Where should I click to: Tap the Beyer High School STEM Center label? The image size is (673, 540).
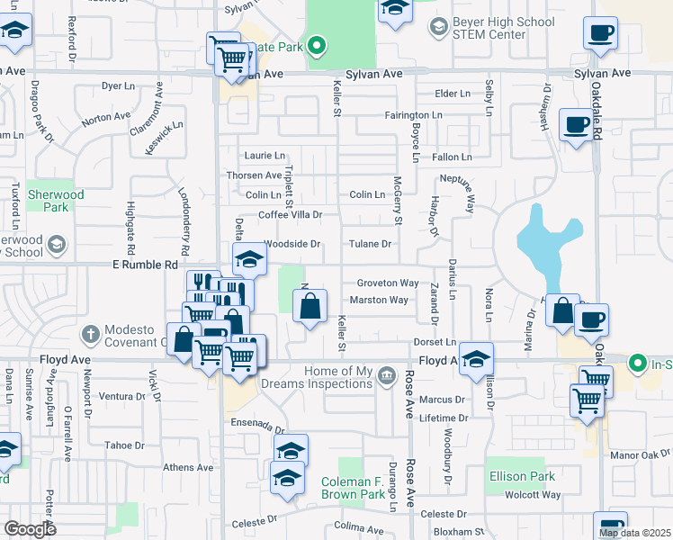coord(489,29)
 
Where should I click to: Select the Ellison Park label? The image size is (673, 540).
coord(522,476)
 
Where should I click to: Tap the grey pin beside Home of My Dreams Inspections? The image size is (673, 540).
coord(387,373)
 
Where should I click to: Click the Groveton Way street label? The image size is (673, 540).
coord(388,283)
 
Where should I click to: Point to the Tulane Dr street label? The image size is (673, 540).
coord(371,244)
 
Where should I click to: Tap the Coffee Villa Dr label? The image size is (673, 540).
coord(290,215)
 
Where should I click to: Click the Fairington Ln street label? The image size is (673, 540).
coord(413,116)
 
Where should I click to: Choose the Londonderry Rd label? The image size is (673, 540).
coord(186,217)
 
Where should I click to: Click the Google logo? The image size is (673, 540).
coord(31,529)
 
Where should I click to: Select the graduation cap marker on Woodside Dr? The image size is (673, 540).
coord(250,261)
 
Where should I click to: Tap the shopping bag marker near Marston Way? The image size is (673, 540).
coord(310,307)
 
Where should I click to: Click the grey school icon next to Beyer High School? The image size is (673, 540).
coord(437,28)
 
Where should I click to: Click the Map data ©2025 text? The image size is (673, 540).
coord(634,533)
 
